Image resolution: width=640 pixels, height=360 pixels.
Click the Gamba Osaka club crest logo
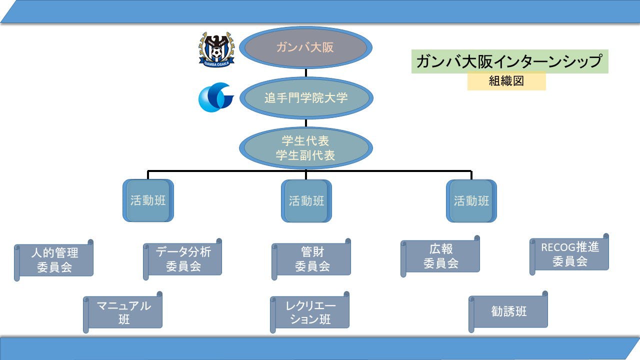pyautogui.click(x=216, y=49)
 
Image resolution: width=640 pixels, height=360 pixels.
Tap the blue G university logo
pyautogui.click(x=216, y=97)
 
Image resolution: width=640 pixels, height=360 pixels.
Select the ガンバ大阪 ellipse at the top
pyautogui.click(x=305, y=48)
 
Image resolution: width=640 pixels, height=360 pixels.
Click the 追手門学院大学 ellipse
pyautogui.click(x=305, y=97)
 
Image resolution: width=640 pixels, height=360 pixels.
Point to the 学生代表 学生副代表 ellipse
pyautogui.click(x=305, y=148)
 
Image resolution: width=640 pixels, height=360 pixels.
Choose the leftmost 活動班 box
pyautogui.click(x=148, y=201)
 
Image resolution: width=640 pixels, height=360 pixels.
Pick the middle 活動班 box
pyautogui.click(x=306, y=201)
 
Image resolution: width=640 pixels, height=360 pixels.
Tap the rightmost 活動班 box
pyautogui.click(x=471, y=201)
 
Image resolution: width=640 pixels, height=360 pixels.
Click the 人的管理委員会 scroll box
pyautogui.click(x=54, y=259)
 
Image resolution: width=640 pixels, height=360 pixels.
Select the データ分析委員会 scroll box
pyautogui.click(x=183, y=259)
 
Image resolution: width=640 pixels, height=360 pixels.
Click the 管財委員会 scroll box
pyautogui.click(x=312, y=259)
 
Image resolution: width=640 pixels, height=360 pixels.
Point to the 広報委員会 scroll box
pyautogui.click(x=441, y=256)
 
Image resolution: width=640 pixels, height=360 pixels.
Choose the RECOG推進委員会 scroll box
pyautogui.click(x=570, y=254)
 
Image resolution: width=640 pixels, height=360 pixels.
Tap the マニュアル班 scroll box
pyautogui.click(x=123, y=312)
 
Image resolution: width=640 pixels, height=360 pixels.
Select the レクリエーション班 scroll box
pyautogui.click(x=310, y=312)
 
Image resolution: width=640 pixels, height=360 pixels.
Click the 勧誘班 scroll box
pyautogui.click(x=509, y=312)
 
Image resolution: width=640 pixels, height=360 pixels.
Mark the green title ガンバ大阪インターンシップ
pyautogui.click(x=509, y=61)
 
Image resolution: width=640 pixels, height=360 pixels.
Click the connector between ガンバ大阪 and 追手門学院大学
pyautogui.click(x=305, y=73)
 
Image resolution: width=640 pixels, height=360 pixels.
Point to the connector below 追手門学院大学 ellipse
pyautogui.click(x=305, y=123)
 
